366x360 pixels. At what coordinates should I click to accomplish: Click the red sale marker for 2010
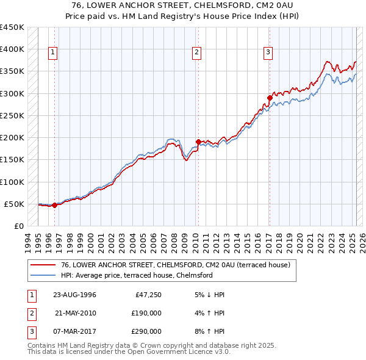pyautogui.click(x=198, y=142)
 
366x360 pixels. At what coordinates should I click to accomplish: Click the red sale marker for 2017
pyautogui.click(x=270, y=98)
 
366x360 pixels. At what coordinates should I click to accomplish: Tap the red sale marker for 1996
pyautogui.click(x=54, y=205)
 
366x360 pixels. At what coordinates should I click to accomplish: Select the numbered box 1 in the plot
pyautogui.click(x=54, y=53)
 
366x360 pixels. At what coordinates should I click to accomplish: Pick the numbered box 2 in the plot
pyautogui.click(x=197, y=53)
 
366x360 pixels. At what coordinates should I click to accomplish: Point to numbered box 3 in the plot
pyautogui.click(x=268, y=53)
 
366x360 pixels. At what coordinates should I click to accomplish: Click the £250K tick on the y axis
pyautogui.click(x=12, y=115)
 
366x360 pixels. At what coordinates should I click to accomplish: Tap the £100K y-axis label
pyautogui.click(x=12, y=182)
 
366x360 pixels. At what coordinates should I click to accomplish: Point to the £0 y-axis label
pyautogui.click(x=18, y=226)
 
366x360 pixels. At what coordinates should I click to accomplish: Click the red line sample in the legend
pyautogui.click(x=44, y=265)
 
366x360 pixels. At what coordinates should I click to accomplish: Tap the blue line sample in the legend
pyautogui.click(x=44, y=275)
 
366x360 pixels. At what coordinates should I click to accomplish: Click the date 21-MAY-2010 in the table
pyautogui.click(x=76, y=313)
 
